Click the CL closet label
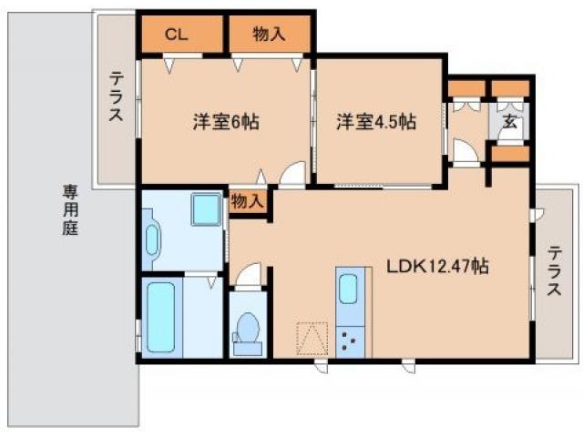pyautogui.click(x=178, y=35)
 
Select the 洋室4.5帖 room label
pyautogui.click(x=376, y=120)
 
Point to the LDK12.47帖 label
pyautogui.click(x=438, y=266)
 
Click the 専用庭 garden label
pyautogui.click(x=70, y=210)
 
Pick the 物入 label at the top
pyautogui.click(x=269, y=35)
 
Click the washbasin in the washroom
pyautogui.click(x=151, y=239)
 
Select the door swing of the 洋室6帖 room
pyautogui.click(x=291, y=176)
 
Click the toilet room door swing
pyautogui.click(x=248, y=276)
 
